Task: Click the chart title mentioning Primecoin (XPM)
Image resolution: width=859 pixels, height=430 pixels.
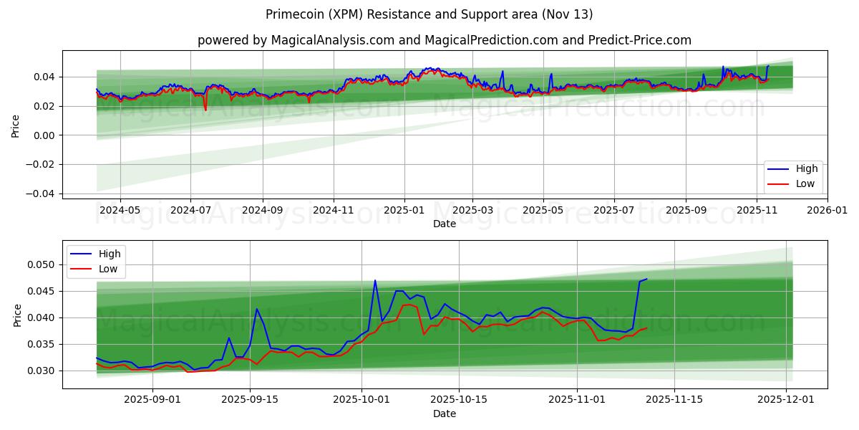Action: click(x=429, y=14)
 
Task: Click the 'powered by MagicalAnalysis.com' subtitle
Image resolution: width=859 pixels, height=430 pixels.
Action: click(x=445, y=40)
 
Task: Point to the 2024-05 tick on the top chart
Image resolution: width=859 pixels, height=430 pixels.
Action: click(x=120, y=210)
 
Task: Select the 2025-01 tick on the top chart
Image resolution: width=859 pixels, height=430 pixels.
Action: click(x=404, y=210)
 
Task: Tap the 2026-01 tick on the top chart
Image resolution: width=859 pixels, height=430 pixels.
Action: click(x=828, y=210)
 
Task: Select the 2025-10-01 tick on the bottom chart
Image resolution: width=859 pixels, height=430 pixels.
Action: click(x=361, y=400)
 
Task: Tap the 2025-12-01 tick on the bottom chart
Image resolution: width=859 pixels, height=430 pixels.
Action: click(x=787, y=400)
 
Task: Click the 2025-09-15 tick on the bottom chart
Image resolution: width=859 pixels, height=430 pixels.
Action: click(x=250, y=400)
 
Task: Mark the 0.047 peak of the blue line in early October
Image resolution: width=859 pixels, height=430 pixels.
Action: click(x=375, y=280)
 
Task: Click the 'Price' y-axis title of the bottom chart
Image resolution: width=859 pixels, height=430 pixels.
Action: click(x=17, y=315)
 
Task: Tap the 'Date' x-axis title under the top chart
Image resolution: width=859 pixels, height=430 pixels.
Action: click(x=445, y=224)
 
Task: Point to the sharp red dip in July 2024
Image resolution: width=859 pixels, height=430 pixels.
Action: click(x=205, y=110)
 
